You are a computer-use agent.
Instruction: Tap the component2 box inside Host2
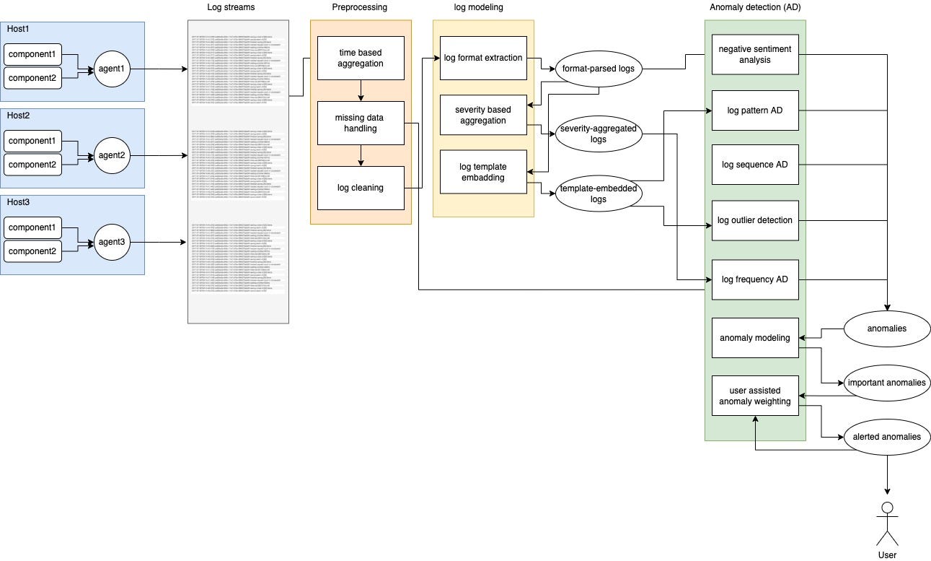[32, 165]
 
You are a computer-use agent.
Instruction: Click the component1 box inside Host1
[32, 54]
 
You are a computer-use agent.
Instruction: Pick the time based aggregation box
[361, 58]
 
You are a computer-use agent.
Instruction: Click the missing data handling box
[361, 123]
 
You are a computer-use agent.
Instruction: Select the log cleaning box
[361, 188]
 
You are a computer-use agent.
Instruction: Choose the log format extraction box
[483, 58]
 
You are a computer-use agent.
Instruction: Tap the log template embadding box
[483, 172]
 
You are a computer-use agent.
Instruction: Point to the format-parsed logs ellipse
[598, 69]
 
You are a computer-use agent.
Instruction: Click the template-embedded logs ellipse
[598, 193]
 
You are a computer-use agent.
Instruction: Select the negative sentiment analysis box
[754, 54]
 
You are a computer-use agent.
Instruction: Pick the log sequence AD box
[754, 165]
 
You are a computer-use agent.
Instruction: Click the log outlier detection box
[754, 220]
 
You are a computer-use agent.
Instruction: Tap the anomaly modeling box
[754, 338]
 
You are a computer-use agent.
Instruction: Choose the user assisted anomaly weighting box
[754, 396]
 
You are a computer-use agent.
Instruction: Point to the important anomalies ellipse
[886, 383]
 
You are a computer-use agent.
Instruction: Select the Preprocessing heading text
[359, 7]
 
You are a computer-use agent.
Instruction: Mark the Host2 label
[18, 116]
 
